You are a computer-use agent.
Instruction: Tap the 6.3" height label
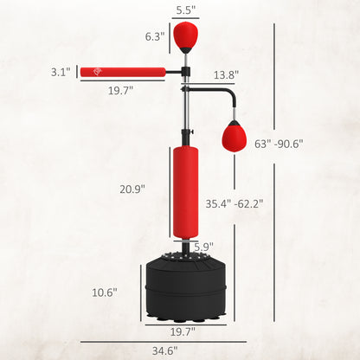[x=156, y=37]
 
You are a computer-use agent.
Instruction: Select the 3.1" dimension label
[x=60, y=73]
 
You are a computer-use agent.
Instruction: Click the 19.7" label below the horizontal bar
[x=121, y=91]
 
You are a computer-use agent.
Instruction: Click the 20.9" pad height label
[x=132, y=188]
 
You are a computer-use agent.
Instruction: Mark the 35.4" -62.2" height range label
[x=234, y=204]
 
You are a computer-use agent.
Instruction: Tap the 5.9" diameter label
[x=204, y=247]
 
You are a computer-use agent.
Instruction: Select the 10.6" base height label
[x=104, y=292]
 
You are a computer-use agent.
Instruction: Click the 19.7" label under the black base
[x=182, y=331]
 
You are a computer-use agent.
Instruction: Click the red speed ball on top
[x=184, y=36]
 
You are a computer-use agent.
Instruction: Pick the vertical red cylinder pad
[x=184, y=191]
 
